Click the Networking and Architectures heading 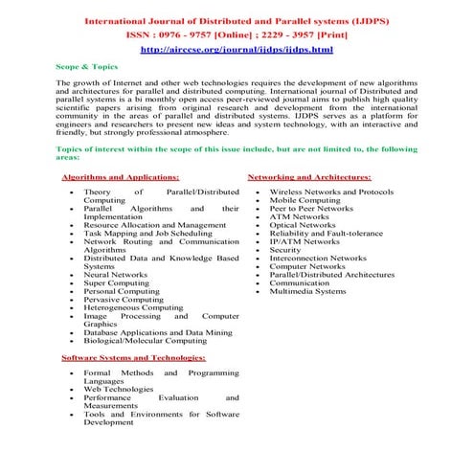(309, 178)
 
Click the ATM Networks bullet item (300, 216)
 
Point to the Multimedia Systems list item (308, 291)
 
